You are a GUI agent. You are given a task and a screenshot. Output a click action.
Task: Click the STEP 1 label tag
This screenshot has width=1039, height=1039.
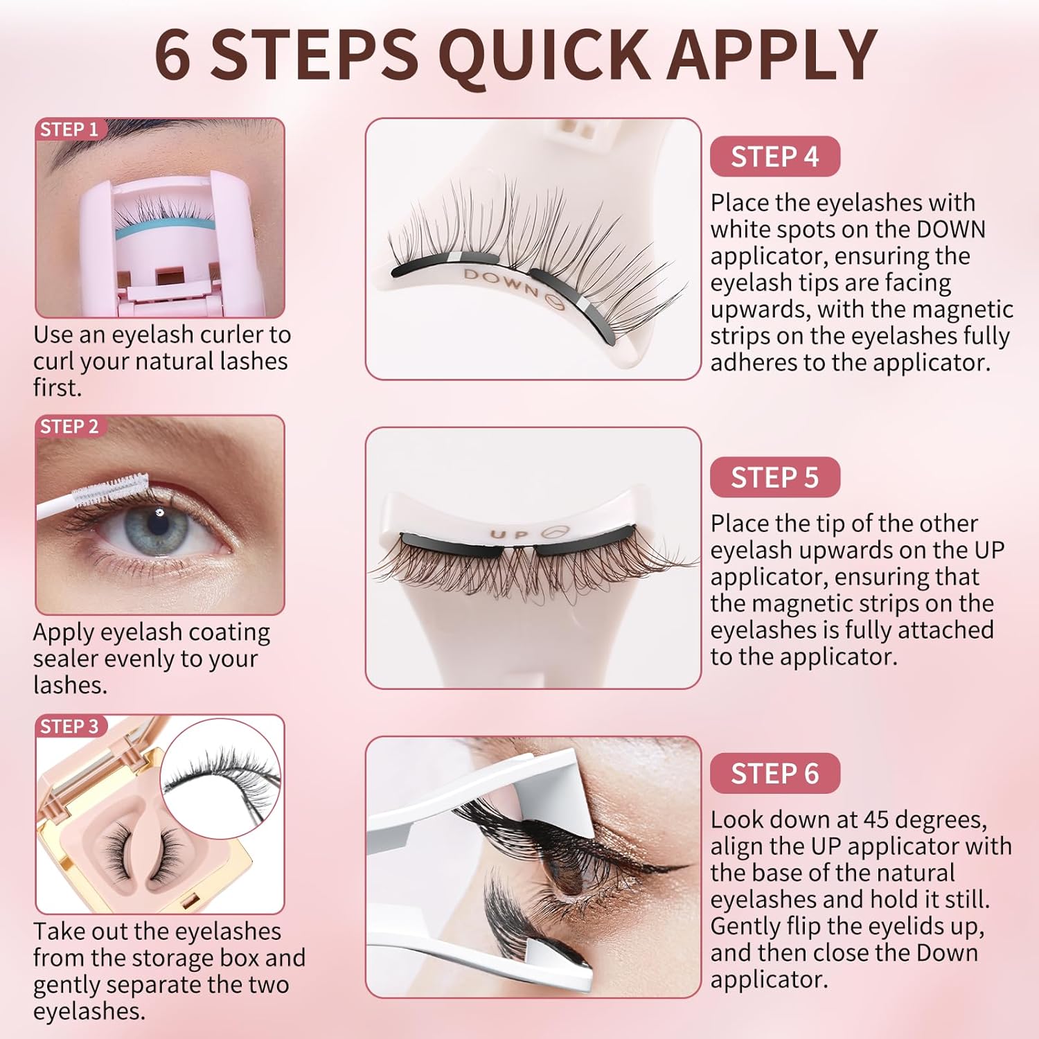point(69,130)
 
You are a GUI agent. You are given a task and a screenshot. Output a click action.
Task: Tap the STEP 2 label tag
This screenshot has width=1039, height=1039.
point(69,427)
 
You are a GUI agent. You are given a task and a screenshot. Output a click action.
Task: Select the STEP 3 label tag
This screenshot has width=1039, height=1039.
point(69,727)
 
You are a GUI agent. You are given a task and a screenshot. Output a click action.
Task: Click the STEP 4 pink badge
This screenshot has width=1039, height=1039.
point(774,157)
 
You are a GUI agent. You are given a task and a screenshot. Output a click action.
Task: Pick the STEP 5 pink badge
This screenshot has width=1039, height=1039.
point(774,478)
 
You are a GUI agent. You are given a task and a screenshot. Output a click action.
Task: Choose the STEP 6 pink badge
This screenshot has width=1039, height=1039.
point(774,774)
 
